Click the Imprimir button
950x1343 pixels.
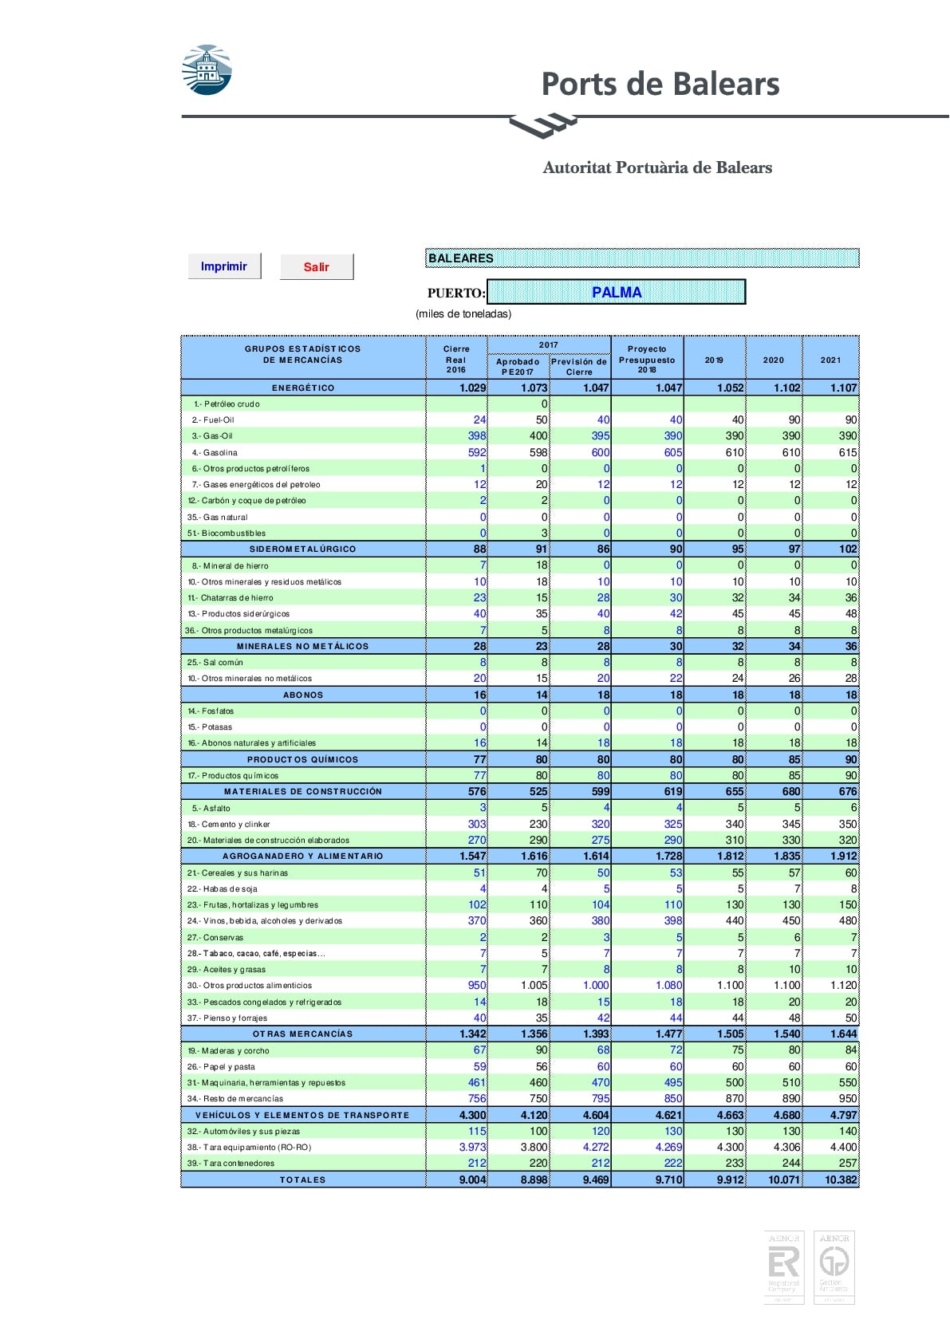pos(224,266)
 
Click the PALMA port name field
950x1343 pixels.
pos(616,292)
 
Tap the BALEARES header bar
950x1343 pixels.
pos(642,258)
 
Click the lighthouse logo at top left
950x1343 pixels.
pos(207,70)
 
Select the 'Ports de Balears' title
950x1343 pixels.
pos(660,84)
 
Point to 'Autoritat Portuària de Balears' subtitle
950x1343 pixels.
pos(657,167)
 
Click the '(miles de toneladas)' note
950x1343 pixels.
pos(463,313)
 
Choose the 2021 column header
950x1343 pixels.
pos(830,360)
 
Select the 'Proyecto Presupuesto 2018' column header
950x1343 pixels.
pos(647,359)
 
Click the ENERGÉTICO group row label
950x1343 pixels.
pos(303,388)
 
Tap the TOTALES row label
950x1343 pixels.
pos(303,1180)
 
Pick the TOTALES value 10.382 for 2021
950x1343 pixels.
pos(841,1180)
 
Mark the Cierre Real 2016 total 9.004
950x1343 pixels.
pos(472,1180)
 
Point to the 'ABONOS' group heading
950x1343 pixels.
pos(303,695)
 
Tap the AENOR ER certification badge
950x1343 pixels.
pos(783,1267)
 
